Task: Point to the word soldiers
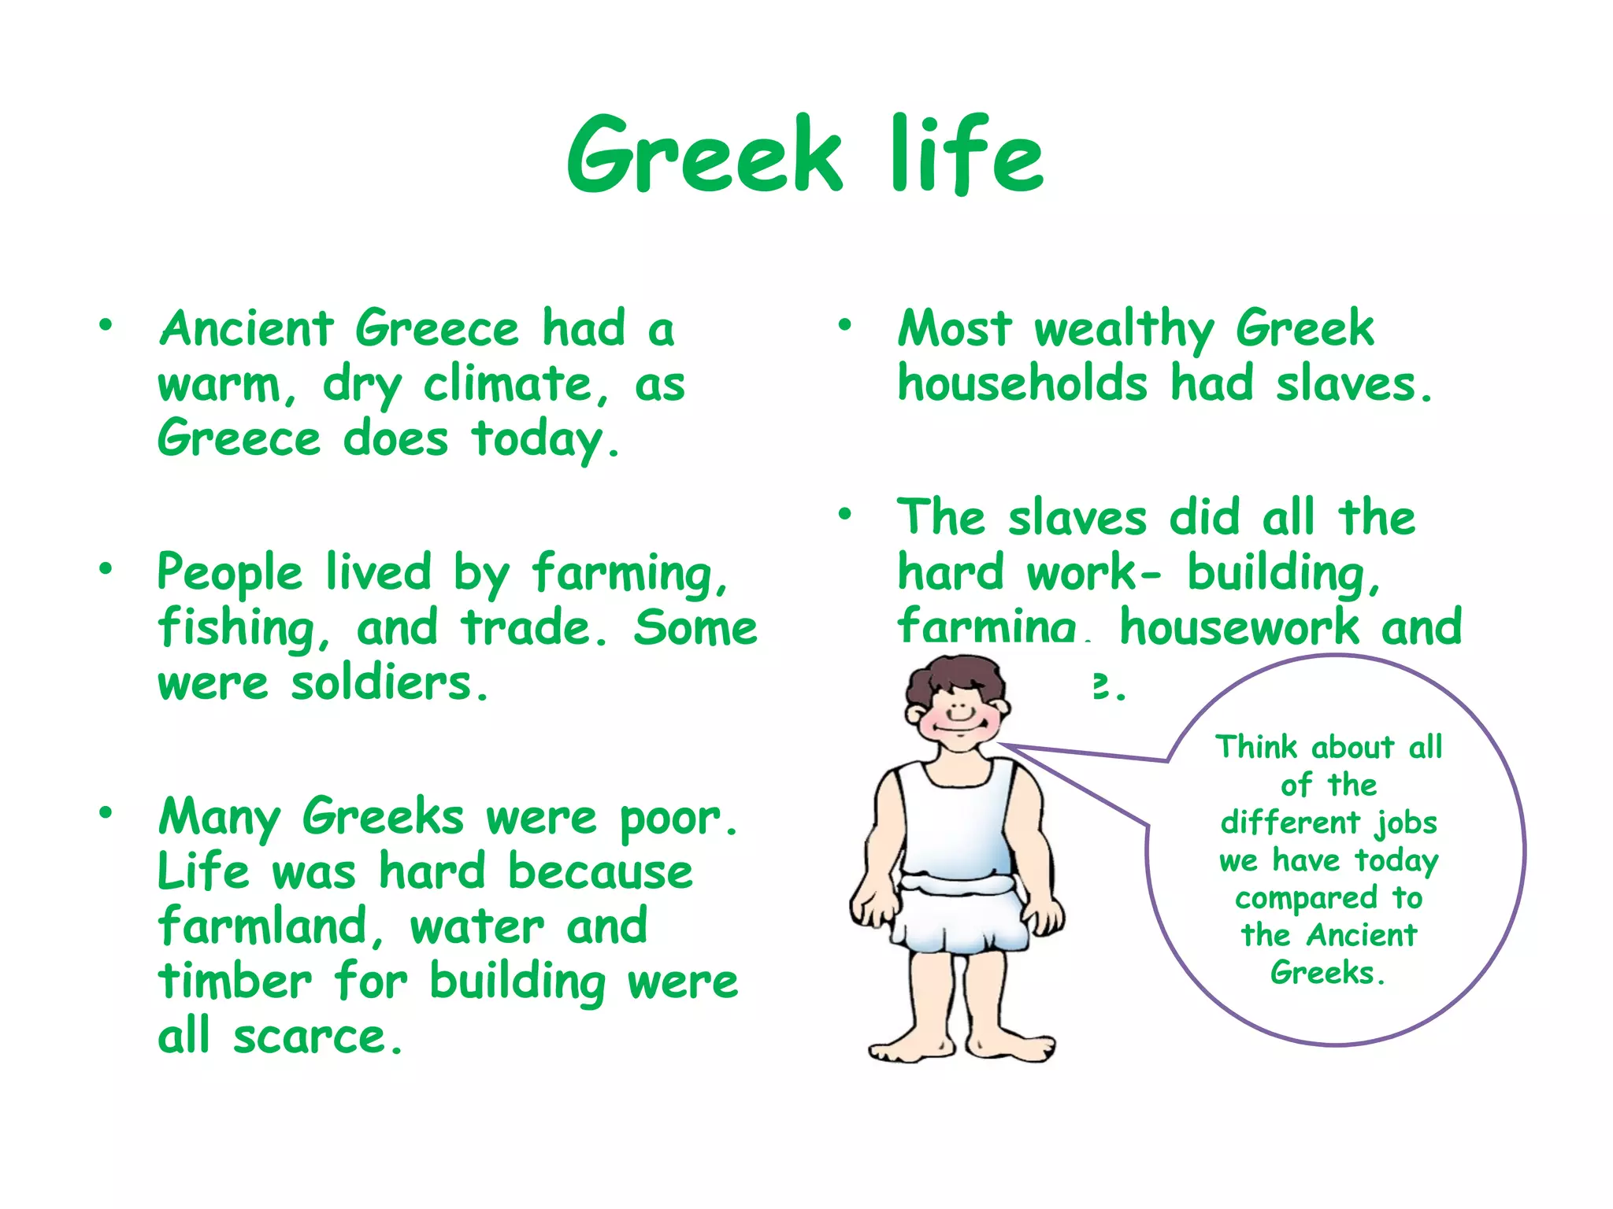391,683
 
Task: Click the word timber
235,981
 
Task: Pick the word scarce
318,1037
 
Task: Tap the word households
1022,384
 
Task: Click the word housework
1240,628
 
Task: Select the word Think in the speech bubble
1255,747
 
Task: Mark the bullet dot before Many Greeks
106,812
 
